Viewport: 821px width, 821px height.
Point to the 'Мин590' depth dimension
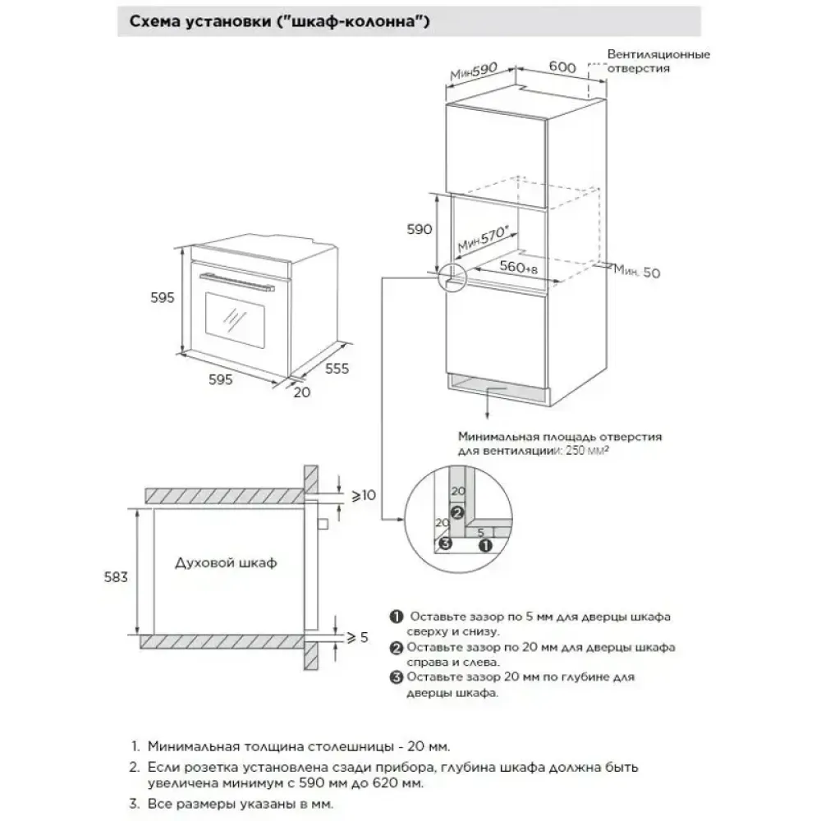[475, 73]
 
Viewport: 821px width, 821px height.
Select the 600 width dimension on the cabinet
[561, 69]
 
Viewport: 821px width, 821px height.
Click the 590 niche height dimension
[419, 230]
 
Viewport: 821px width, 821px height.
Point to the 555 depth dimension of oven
[337, 369]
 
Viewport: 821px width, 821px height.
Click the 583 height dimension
[116, 577]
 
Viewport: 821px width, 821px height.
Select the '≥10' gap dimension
[363, 495]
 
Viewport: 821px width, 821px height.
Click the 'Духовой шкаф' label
[226, 563]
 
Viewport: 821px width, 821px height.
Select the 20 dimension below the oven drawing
[302, 392]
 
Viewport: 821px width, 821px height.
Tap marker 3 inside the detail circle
[444, 543]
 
